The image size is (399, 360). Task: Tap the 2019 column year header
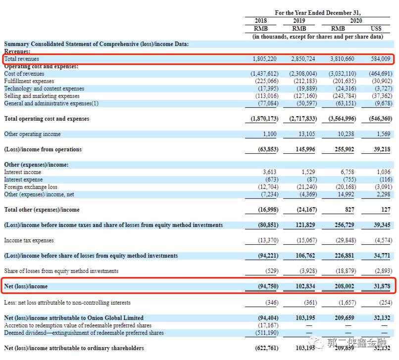[299, 21]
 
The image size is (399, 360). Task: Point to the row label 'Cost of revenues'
[24, 74]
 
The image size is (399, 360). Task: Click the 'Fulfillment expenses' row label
[29, 81]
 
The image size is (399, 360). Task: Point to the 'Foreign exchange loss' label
[31, 187]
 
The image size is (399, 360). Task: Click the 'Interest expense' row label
[23, 180]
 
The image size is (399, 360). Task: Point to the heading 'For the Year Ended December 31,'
[318, 13]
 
